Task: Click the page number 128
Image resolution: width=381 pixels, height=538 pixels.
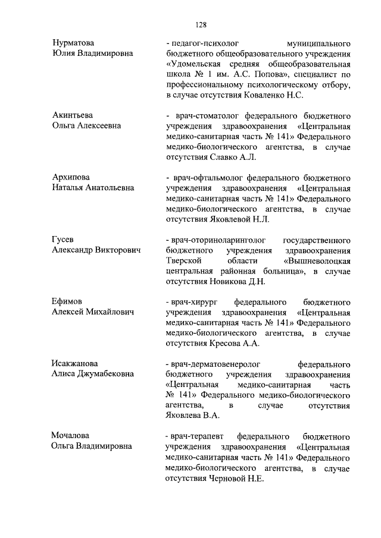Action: point(201,24)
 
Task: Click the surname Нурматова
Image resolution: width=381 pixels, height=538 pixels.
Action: point(73,43)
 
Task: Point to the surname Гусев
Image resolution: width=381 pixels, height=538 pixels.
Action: point(63,240)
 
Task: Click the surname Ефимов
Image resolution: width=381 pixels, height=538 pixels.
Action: point(67,301)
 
